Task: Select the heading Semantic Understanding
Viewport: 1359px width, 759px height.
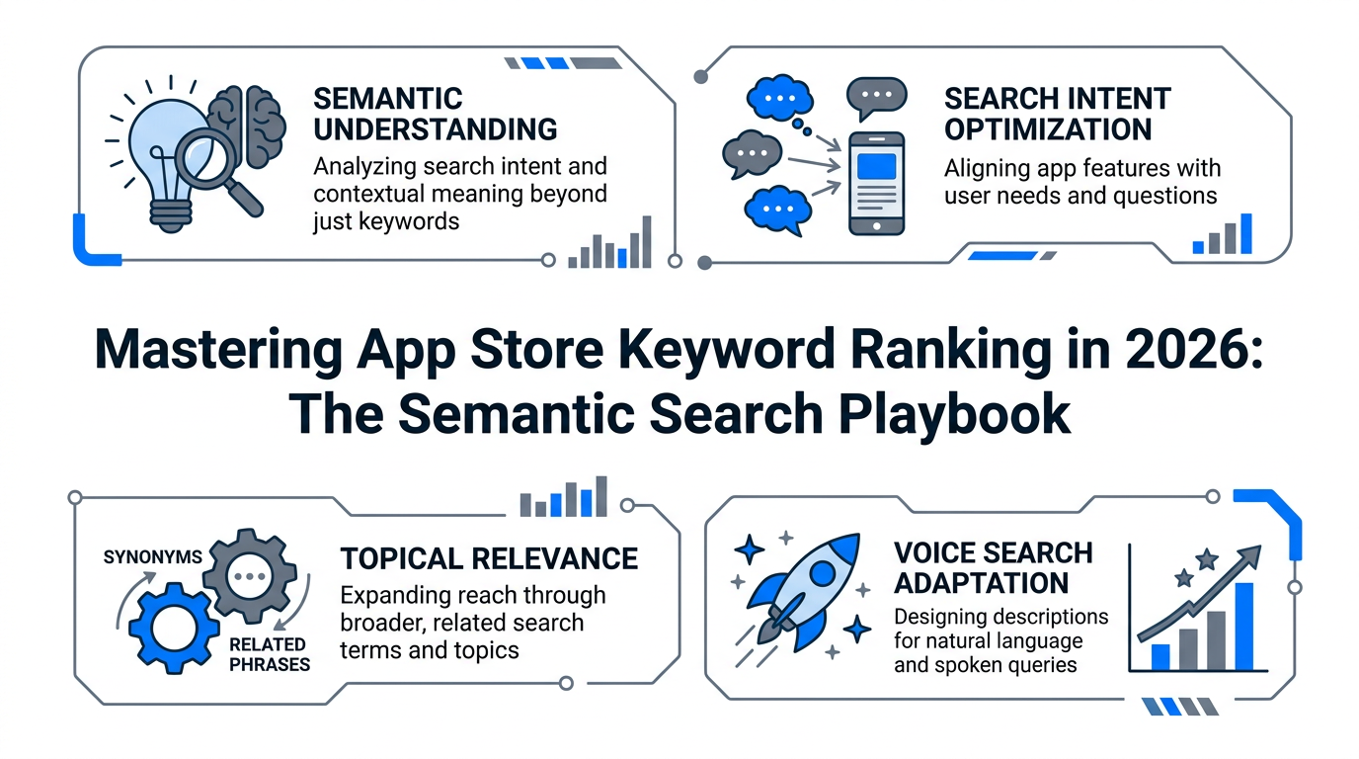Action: tap(435, 114)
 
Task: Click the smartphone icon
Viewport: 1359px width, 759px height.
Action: tap(876, 184)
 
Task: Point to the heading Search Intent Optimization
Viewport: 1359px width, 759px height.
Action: tap(1057, 114)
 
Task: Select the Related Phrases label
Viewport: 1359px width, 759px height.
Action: tap(268, 654)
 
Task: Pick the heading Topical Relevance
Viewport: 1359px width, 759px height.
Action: tap(489, 558)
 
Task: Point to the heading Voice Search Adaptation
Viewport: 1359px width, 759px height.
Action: tap(993, 566)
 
